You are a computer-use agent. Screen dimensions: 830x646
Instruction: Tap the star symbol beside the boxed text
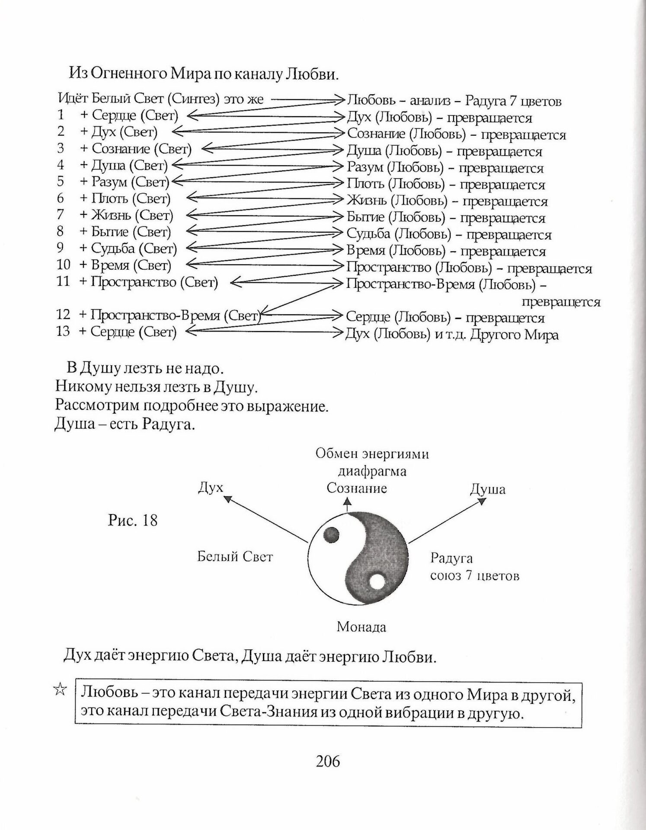tap(60, 690)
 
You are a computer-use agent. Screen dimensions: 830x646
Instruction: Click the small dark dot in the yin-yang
tap(331, 536)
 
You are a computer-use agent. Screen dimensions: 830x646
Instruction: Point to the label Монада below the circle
tap(361, 627)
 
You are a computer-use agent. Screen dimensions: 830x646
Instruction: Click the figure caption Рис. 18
tap(133, 520)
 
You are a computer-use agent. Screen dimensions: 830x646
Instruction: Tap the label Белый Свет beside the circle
tap(235, 556)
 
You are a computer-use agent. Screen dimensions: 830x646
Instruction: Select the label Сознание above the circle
tap(356, 488)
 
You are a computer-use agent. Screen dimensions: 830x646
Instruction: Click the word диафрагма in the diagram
tap(372, 471)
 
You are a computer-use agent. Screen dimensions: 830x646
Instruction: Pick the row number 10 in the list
tap(63, 265)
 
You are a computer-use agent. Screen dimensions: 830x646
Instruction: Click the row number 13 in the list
tap(63, 332)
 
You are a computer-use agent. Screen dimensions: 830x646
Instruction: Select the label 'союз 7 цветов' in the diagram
tap(474, 576)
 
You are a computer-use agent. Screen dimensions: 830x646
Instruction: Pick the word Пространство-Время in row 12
tap(155, 315)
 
